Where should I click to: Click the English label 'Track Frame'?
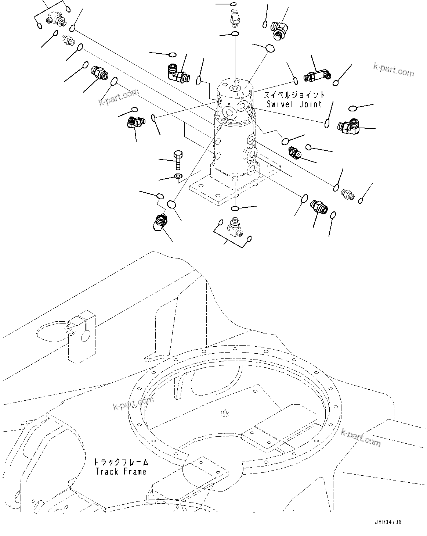click(x=121, y=471)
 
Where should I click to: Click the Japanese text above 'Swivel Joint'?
click(x=294, y=95)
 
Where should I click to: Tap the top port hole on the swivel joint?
click(x=234, y=89)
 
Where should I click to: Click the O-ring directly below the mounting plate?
click(x=235, y=208)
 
